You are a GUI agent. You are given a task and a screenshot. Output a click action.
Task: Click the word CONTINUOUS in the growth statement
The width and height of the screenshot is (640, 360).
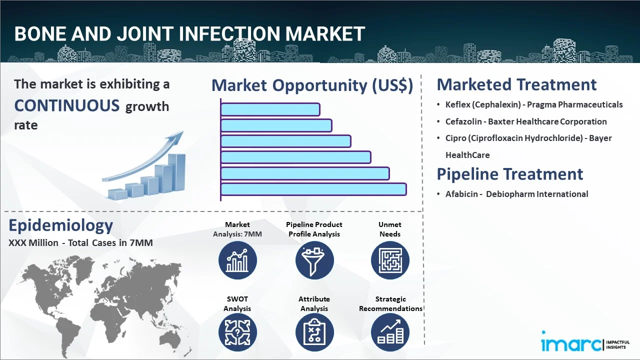[x=67, y=105]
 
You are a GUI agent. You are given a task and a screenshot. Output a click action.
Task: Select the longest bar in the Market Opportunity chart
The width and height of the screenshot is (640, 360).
[x=313, y=189]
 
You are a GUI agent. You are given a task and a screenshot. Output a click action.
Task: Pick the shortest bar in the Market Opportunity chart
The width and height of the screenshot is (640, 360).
[x=270, y=109]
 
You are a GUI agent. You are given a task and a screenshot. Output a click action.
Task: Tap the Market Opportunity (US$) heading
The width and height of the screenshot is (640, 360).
[x=312, y=85]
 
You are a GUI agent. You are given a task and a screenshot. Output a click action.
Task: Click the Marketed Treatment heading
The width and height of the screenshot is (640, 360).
[x=516, y=84]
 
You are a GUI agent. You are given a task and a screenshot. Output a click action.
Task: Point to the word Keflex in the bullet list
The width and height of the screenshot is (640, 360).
[x=457, y=104]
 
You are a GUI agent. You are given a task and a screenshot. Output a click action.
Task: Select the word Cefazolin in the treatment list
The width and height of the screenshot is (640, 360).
[x=463, y=121]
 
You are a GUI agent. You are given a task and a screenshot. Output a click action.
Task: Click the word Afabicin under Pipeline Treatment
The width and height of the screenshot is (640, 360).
[x=461, y=194]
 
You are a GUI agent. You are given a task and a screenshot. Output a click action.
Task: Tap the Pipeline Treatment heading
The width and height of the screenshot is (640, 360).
[x=509, y=174]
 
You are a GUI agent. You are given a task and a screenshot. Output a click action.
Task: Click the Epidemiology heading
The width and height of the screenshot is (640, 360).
[x=61, y=225]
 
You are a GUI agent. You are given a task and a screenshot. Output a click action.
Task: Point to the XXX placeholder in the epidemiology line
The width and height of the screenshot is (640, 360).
[x=17, y=243]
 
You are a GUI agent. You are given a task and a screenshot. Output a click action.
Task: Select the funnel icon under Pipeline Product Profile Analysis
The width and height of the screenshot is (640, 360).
[x=314, y=260]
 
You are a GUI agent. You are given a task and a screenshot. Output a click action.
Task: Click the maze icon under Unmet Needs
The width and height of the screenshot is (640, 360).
[x=390, y=260]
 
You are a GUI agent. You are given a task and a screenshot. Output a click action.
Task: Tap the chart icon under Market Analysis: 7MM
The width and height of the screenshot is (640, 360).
[x=237, y=260]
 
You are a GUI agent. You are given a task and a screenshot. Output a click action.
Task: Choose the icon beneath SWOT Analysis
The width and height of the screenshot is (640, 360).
[x=237, y=332]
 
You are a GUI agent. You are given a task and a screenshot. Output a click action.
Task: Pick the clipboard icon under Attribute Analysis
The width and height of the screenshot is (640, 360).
[x=314, y=332]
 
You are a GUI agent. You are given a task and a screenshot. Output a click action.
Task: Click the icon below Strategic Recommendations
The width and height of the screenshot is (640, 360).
[x=390, y=332]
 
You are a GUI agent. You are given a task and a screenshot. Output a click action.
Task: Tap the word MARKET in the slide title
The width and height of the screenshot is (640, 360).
[x=325, y=33]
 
